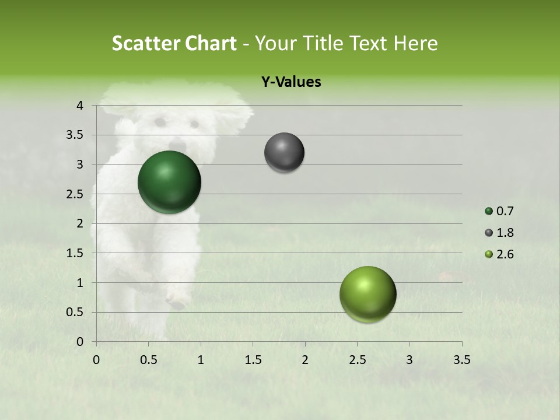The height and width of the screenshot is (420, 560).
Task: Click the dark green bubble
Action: (169, 182)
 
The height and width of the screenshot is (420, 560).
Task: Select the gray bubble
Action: (284, 152)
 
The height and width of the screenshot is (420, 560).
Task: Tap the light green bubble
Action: (367, 294)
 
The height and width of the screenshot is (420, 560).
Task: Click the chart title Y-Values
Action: (290, 82)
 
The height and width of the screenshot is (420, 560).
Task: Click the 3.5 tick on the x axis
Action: (461, 360)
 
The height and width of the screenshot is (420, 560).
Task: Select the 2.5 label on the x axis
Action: (357, 360)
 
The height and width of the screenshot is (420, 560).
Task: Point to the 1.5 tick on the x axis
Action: (253, 360)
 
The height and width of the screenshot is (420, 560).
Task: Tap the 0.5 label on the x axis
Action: (149, 360)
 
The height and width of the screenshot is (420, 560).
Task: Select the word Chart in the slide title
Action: (211, 43)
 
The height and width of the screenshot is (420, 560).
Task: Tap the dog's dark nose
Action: (177, 143)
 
